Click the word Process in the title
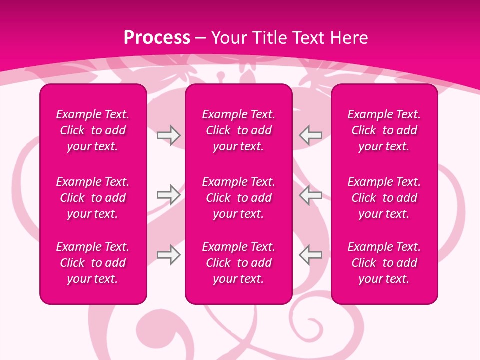[x=157, y=38]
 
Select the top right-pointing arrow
[x=168, y=135]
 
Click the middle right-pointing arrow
[x=168, y=195]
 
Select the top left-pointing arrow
[x=310, y=135]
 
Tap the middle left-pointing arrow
[x=310, y=195]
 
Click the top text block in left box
[x=93, y=130]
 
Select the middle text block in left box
[x=93, y=198]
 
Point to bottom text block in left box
[x=93, y=263]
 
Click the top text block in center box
[x=239, y=130]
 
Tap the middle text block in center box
[x=239, y=198]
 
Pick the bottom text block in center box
[x=239, y=263]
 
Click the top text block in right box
[x=384, y=130]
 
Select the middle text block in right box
[x=384, y=198]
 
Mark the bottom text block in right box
[x=384, y=263]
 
